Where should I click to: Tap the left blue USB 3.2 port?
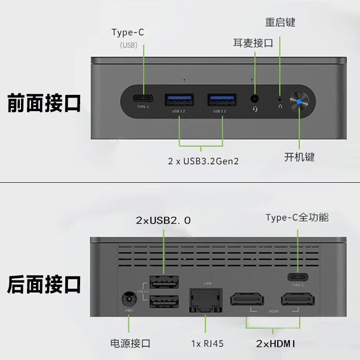[179, 99]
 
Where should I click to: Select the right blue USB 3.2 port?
[222, 99]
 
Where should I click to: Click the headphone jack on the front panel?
[255, 99]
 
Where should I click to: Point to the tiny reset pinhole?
[280, 99]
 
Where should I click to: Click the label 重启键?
[280, 22]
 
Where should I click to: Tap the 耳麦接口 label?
[253, 43]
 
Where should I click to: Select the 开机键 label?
[299, 157]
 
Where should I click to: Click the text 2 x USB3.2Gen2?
[203, 161]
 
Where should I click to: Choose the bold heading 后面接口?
[44, 284]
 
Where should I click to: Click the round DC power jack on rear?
[129, 299]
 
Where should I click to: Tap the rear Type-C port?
[297, 277]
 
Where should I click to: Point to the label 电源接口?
[130, 344]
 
